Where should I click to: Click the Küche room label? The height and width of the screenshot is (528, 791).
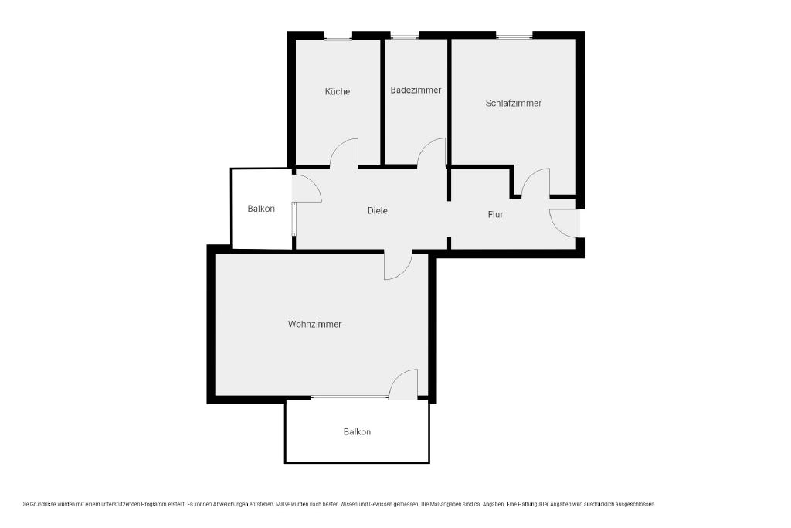click(338, 91)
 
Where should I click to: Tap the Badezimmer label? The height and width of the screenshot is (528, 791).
click(416, 90)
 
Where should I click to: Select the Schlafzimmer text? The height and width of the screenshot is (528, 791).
click(514, 103)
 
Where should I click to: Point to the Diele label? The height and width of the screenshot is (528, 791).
click(377, 210)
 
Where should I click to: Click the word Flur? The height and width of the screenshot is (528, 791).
click(495, 215)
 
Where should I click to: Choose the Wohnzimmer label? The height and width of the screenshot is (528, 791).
click(315, 324)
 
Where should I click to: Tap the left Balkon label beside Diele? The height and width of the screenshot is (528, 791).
click(261, 209)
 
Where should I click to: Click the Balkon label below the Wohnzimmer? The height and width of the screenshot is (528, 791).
click(357, 431)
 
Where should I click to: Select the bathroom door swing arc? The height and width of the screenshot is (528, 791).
click(426, 145)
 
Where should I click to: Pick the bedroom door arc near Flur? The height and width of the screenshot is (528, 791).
click(528, 175)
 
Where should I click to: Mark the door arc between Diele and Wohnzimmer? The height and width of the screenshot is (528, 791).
click(405, 271)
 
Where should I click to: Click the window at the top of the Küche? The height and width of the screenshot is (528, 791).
click(338, 36)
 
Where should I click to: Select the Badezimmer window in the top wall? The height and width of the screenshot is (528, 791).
click(405, 36)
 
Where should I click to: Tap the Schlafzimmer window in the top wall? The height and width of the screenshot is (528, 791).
click(514, 36)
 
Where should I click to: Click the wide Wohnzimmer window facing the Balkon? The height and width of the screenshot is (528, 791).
click(350, 398)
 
